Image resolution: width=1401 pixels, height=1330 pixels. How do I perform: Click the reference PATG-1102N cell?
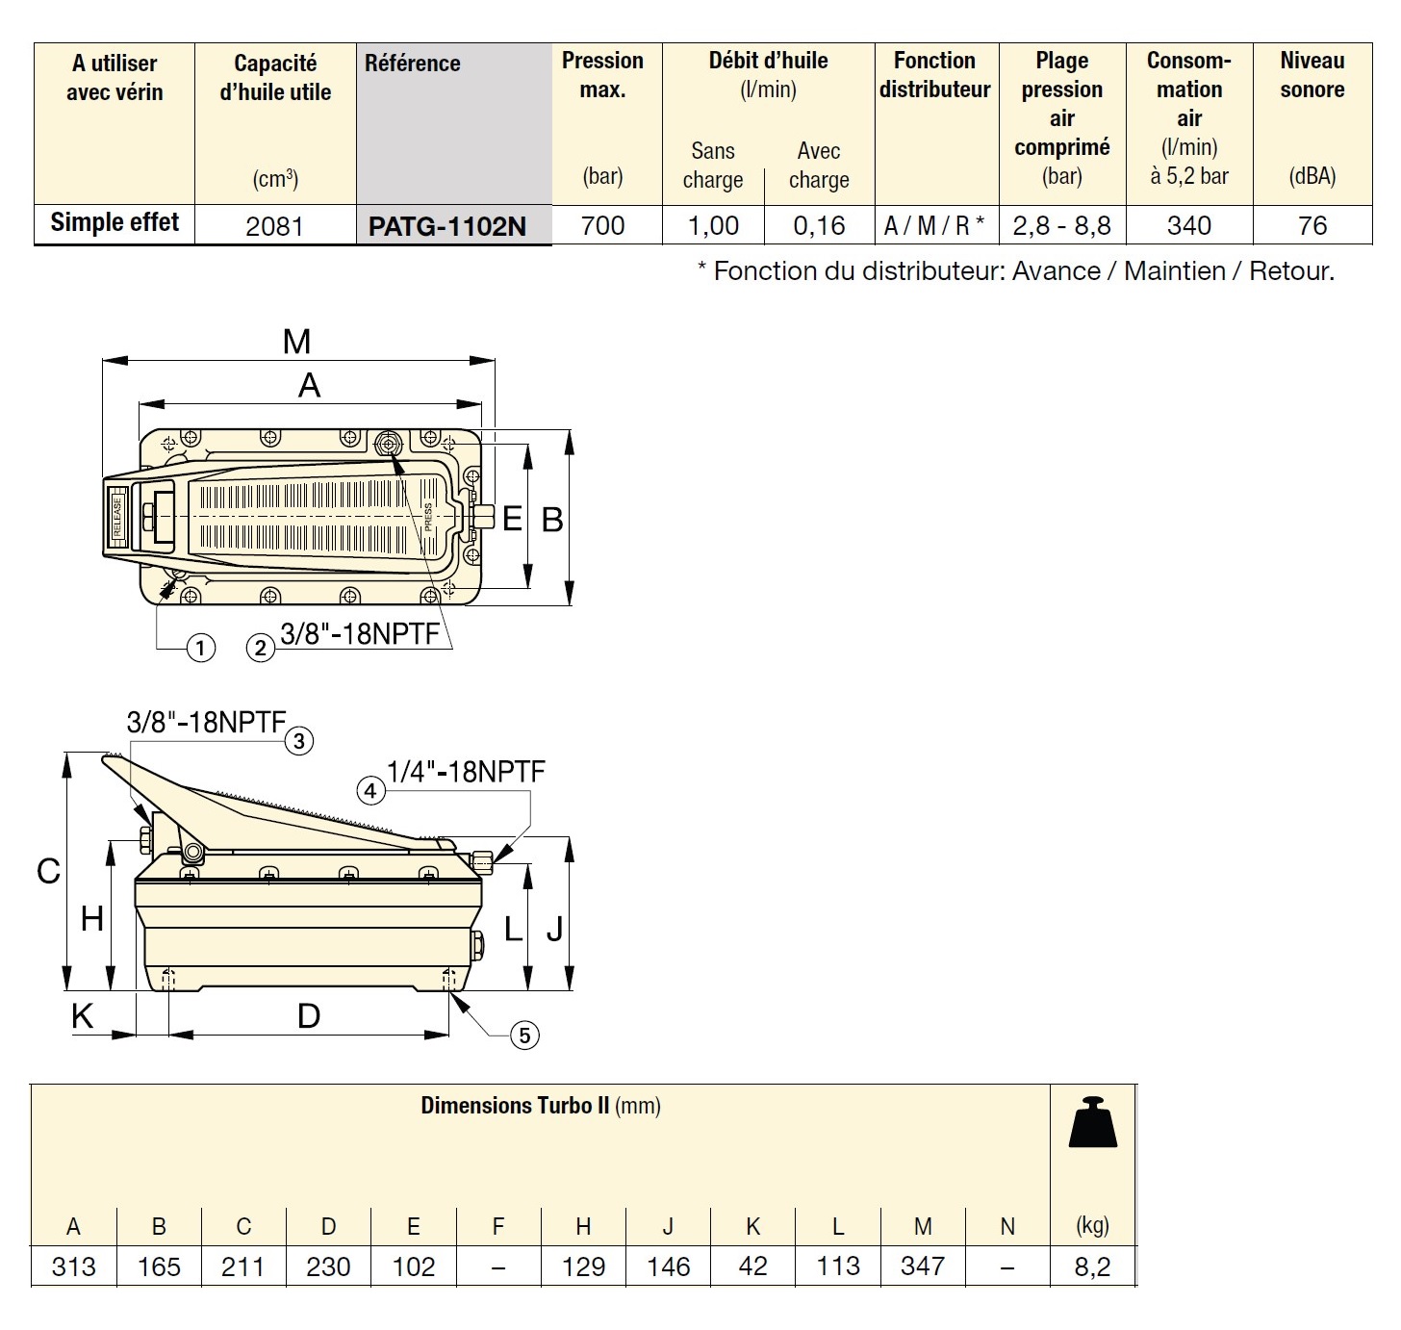pos(447,226)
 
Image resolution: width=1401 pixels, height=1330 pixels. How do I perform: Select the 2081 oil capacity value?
pos(274,226)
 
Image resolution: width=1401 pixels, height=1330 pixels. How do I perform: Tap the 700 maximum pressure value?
pos(603,226)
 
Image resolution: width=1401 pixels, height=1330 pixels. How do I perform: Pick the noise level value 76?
pos(1312,226)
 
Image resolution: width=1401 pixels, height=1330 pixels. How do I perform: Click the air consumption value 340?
pos(1189,226)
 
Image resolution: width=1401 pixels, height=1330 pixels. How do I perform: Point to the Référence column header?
pos(413,64)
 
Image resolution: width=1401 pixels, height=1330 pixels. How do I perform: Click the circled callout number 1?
pos(200,648)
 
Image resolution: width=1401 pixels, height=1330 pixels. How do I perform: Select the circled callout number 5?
pos(524,1036)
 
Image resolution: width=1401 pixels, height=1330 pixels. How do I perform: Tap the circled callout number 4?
pos(370,791)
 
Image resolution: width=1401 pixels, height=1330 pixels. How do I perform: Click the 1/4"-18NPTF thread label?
pos(466,772)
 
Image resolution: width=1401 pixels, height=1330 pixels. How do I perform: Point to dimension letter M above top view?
pos(297,342)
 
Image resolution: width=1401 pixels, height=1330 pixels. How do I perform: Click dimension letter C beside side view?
pos(48,871)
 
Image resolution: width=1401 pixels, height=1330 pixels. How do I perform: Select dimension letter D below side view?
pos(309,1016)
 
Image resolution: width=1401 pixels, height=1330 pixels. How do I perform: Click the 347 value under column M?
pos(923,1266)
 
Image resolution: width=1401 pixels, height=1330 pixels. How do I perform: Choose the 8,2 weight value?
pos(1092,1266)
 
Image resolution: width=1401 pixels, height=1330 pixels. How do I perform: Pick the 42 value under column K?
pos(752,1266)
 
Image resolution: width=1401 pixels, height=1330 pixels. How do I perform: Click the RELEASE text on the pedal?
pos(117,516)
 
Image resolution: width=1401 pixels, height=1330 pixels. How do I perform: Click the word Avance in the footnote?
pos(1056,271)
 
